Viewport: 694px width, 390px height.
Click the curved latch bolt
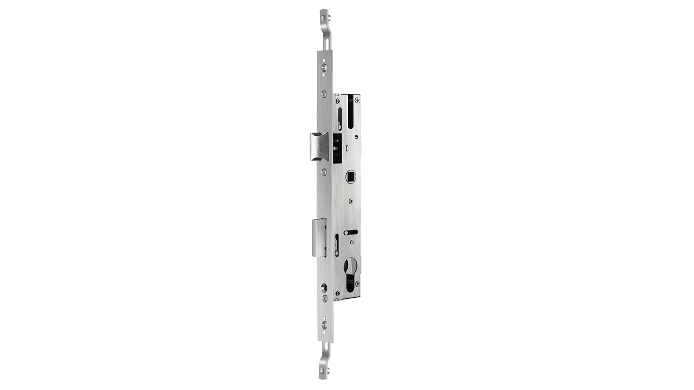[317, 145]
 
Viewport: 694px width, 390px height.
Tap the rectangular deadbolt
[319, 237]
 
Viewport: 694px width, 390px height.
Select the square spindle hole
[351, 177]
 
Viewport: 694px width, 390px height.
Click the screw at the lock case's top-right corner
[357, 100]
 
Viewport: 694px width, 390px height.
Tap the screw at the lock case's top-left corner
[338, 100]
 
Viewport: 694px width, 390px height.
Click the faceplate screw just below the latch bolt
[323, 173]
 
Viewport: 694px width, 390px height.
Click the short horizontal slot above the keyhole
[350, 232]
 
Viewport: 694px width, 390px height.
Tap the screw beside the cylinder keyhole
[357, 283]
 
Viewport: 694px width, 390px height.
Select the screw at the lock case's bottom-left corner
[338, 294]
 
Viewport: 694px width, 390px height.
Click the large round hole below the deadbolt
[324, 287]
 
